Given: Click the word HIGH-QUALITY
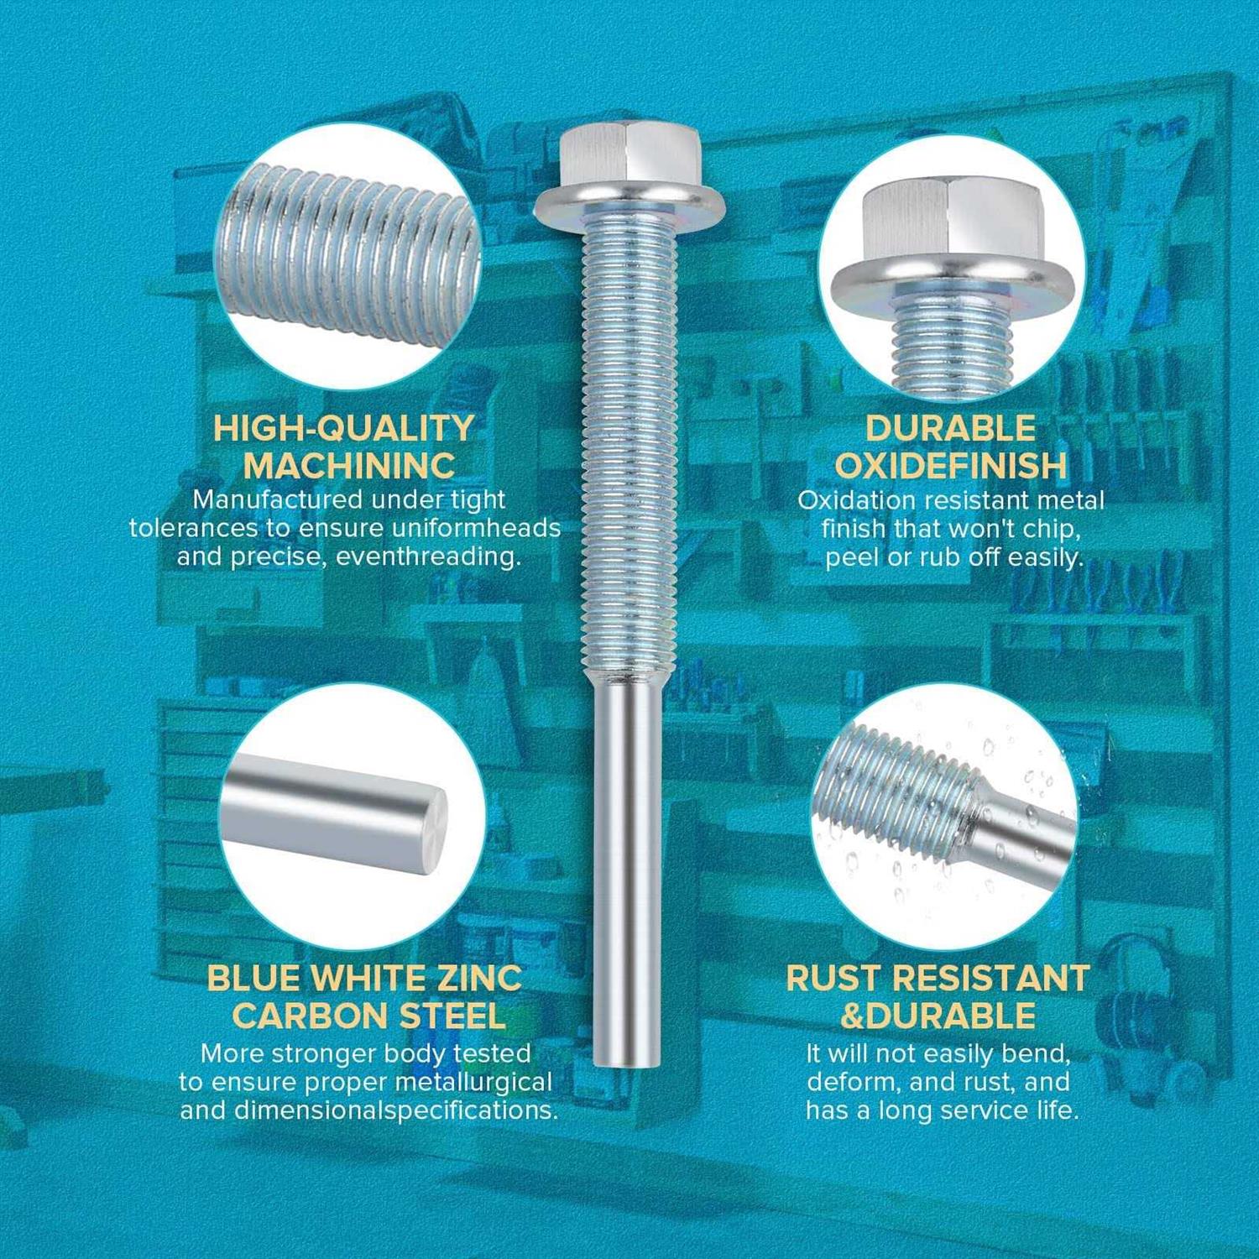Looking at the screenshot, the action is pyautogui.click(x=343, y=428).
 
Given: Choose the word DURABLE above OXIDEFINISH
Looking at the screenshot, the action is pyautogui.click(x=951, y=428).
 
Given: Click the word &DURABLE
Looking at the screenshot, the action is pyautogui.click(x=938, y=1016).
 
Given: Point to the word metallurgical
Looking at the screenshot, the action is pyautogui.click(x=474, y=1083).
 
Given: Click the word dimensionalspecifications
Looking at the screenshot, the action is pyautogui.click(x=396, y=1111).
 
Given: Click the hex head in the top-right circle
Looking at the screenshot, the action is pyautogui.click(x=952, y=216).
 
